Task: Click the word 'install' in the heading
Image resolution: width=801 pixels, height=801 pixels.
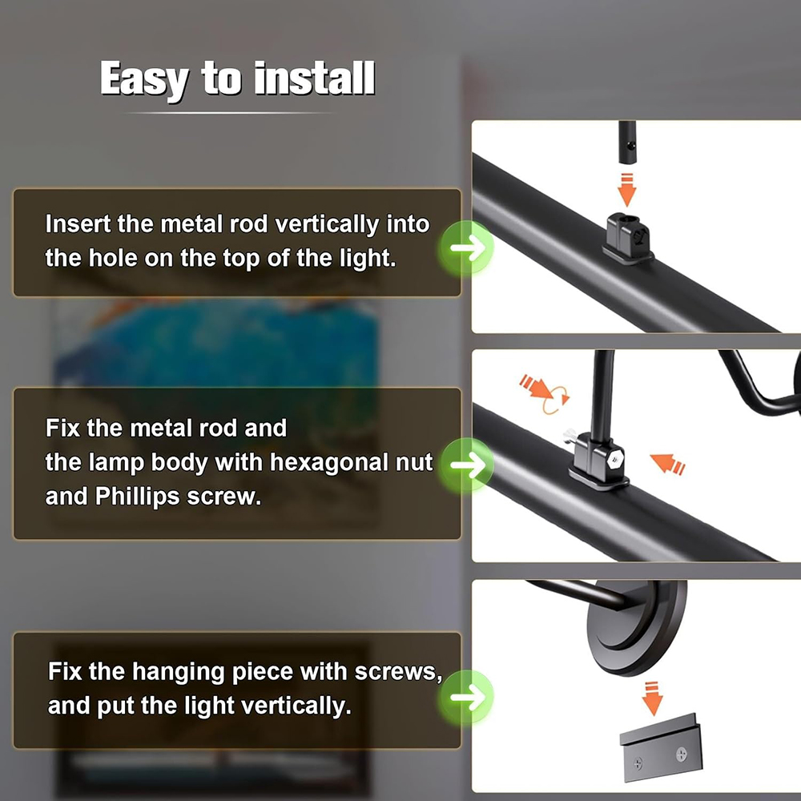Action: click(315, 78)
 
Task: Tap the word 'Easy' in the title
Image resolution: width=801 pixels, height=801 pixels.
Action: click(144, 80)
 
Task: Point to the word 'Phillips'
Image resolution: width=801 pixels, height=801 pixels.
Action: click(137, 496)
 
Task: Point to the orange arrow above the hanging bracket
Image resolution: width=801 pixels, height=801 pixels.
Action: click(652, 698)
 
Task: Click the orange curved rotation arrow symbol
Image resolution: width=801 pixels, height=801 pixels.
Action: click(556, 400)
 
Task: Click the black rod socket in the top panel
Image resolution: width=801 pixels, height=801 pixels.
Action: click(628, 239)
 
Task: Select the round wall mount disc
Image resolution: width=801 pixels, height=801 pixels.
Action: click(637, 627)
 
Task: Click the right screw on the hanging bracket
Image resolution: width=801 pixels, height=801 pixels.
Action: click(682, 754)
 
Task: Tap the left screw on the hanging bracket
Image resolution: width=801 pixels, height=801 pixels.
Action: click(638, 763)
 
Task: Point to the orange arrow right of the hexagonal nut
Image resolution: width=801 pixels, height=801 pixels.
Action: click(667, 463)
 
